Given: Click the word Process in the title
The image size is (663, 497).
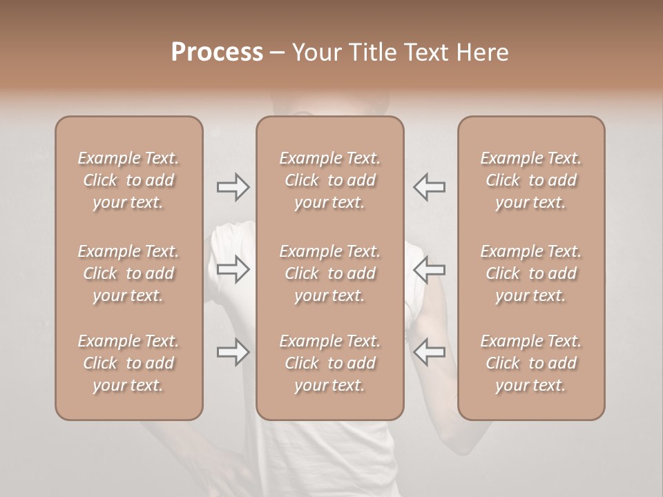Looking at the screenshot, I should pos(217,52).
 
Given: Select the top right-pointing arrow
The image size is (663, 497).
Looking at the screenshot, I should pos(233,187).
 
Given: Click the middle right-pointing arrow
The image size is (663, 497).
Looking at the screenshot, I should pos(233,269).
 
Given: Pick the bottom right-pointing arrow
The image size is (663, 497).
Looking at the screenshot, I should pos(233,353).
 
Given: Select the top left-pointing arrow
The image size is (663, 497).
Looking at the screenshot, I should pos(430,187).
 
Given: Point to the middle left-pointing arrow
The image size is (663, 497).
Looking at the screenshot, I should pos(430,269).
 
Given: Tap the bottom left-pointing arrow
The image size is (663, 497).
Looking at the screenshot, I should pos(430,353).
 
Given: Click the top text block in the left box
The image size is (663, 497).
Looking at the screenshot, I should pos(128,180).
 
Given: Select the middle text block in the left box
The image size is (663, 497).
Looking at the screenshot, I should pos(128,273).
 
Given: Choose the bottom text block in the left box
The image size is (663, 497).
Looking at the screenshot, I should pos(128,363).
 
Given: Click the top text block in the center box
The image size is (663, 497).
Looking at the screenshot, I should pos(330,180).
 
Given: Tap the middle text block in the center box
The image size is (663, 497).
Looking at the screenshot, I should pos(330,273).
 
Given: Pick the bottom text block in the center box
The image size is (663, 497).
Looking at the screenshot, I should pos(330,363).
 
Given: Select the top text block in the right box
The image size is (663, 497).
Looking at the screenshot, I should pos(531,180).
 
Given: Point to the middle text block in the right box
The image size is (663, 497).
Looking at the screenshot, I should pos(531,273).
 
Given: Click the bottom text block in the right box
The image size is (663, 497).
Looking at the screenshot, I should pos(531,363).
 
